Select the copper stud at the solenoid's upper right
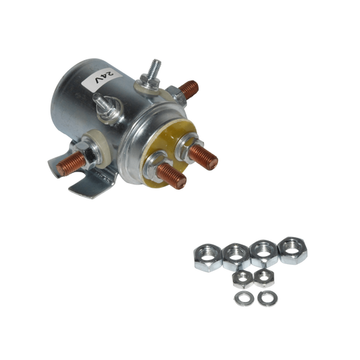pos(190,88)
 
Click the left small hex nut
pos(238,278)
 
